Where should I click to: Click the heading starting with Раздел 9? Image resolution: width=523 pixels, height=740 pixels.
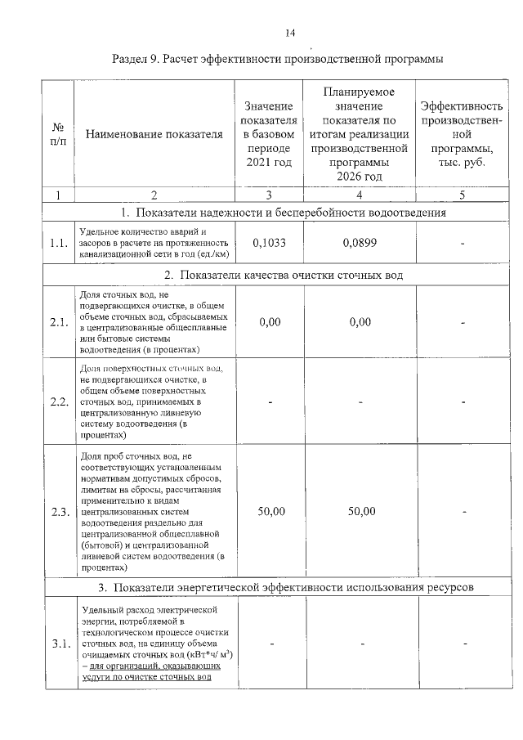(277, 60)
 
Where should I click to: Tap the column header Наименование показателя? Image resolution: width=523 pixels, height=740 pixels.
(154, 136)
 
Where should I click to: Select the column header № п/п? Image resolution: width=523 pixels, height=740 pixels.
(58, 136)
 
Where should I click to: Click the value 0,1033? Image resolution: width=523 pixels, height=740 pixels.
(269, 242)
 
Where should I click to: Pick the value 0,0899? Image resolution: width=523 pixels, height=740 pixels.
(361, 242)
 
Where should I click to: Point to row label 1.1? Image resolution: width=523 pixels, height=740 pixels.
(58, 243)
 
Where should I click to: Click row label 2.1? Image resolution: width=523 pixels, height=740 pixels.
(58, 322)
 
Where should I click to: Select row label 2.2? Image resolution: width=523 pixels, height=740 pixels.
(58, 401)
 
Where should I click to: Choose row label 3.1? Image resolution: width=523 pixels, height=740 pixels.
(58, 644)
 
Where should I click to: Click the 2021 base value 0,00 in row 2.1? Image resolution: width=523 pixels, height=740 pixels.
(269, 322)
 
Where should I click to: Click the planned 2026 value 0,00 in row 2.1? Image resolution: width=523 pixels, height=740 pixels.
(360, 322)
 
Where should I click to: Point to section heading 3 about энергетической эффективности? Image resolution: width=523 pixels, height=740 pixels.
(283, 587)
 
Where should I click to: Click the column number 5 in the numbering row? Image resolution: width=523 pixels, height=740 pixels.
(462, 195)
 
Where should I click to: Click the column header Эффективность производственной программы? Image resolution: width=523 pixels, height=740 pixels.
(462, 136)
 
